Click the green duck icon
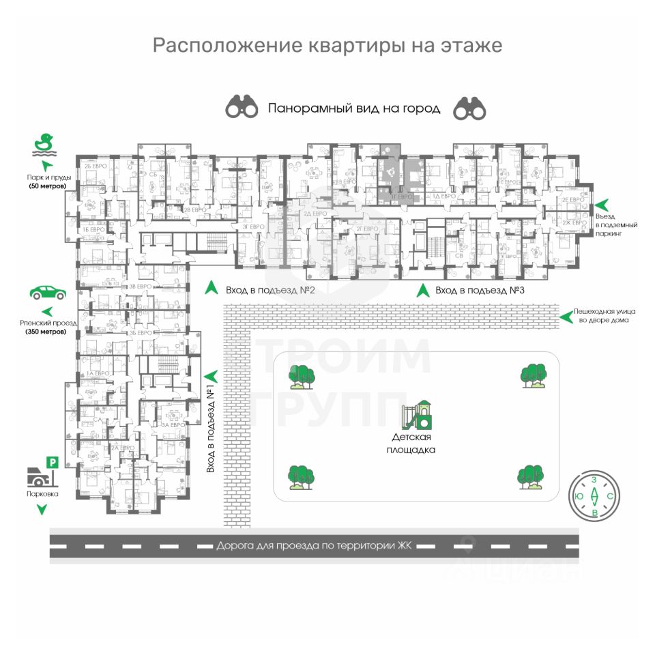(44, 144)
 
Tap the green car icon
(48, 293)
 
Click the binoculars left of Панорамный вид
(242, 107)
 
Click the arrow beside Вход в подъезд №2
(212, 289)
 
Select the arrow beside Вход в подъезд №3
(423, 290)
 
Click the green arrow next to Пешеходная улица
(565, 315)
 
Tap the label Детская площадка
(413, 443)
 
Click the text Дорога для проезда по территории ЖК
(315, 546)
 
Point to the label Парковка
(43, 493)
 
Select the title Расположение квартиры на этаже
(327, 46)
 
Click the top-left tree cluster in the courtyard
(301, 376)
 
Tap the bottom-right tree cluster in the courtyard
(531, 476)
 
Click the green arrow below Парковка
(42, 509)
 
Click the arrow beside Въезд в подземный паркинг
(601, 204)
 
